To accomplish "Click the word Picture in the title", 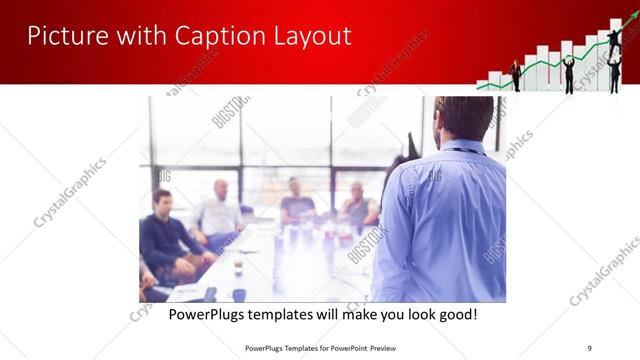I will tap(64, 36).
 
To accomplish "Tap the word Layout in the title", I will tap(310, 36).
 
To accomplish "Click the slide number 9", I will tap(590, 347).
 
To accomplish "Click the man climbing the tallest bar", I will tap(614, 41).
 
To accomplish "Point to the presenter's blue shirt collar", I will tap(459, 148).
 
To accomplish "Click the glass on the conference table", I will tap(238, 267).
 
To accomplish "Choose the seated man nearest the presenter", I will tap(357, 208).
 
